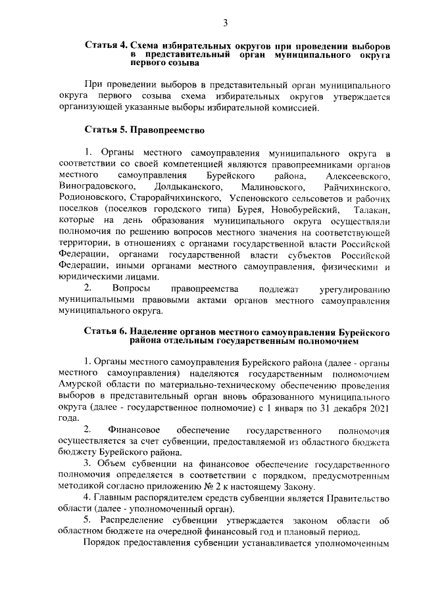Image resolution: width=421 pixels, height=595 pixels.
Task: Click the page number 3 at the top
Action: coord(224,23)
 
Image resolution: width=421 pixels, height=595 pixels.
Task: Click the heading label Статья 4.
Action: coord(106,46)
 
